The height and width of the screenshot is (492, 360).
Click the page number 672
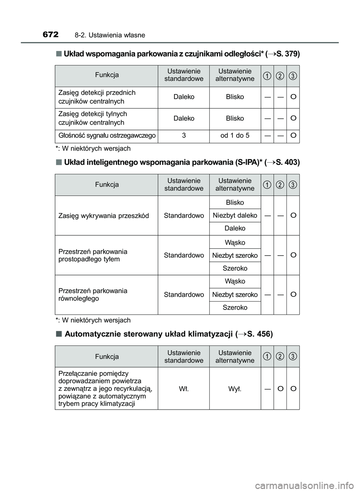51,35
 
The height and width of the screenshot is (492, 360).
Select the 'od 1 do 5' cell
235,135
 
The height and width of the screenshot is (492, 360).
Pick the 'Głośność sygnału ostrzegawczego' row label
107,135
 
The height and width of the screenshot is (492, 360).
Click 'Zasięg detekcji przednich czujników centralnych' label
97,97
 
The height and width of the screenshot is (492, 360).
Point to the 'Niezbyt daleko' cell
235,215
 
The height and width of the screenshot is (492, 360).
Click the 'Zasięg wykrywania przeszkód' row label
104,216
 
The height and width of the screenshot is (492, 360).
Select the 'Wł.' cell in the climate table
184,389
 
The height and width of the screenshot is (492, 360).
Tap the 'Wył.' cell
235,389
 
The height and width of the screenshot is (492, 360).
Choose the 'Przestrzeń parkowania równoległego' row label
93,295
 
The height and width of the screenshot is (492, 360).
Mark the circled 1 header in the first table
267,76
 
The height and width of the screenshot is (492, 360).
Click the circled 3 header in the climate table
293,356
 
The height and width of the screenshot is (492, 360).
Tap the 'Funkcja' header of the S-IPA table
107,185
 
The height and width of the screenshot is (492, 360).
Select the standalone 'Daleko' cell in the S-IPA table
235,228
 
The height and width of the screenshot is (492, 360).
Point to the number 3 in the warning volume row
184,135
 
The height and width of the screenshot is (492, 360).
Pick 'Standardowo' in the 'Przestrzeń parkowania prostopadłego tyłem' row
184,255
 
